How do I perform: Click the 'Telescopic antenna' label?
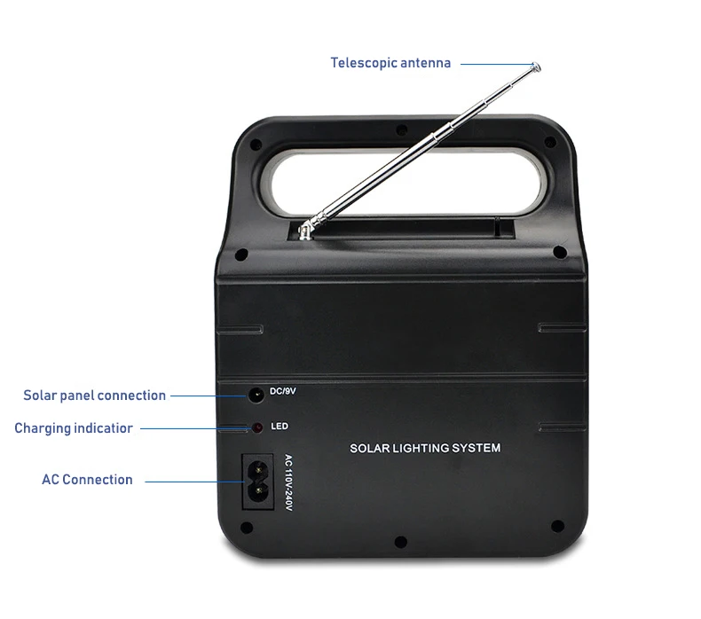click(390, 63)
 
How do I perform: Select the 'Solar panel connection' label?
click(94, 396)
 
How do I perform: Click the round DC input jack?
click(256, 394)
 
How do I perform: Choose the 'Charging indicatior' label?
click(74, 428)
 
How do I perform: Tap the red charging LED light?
click(256, 427)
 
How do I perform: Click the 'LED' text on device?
click(279, 427)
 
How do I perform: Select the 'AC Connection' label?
click(87, 480)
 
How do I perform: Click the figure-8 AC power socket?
click(258, 481)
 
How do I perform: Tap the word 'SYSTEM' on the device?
click(475, 448)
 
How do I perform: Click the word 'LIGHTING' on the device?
click(422, 448)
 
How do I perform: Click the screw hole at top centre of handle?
click(401, 129)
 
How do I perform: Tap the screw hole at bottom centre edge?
click(400, 540)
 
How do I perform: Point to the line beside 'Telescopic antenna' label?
click(497, 64)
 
